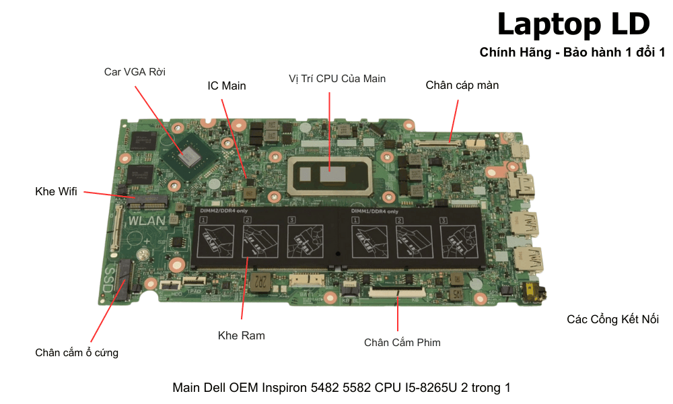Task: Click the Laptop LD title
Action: [573, 24]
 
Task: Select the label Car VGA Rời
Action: [135, 71]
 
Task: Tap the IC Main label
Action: [226, 86]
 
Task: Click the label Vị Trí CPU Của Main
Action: [336, 78]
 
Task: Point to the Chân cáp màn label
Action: [462, 85]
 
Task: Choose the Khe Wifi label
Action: [56, 192]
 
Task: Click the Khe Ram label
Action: [241, 335]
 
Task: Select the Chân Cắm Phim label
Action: [402, 342]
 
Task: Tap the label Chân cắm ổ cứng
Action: [77, 352]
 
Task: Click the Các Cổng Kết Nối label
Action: [612, 319]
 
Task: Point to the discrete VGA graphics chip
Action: [190, 157]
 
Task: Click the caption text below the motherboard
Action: [341, 388]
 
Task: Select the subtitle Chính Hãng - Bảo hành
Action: [572, 52]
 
